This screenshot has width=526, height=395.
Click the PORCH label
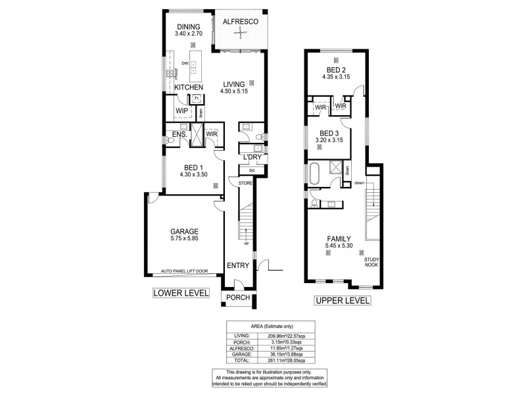point(237,297)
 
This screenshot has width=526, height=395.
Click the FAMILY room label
point(337,238)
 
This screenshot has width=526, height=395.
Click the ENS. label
point(179,135)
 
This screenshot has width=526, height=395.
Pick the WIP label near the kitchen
point(181,111)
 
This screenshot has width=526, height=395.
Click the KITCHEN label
point(188,87)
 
